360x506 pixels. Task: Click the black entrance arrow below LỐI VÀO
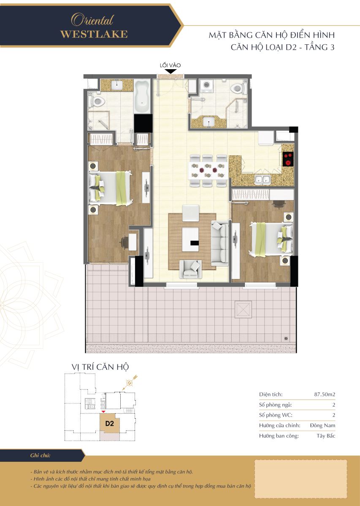click(x=170, y=71)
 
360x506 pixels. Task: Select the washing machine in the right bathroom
click(x=206, y=86)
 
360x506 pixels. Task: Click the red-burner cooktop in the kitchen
click(x=288, y=159)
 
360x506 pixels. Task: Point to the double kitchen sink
click(x=263, y=179)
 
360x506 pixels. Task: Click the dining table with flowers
click(x=208, y=170)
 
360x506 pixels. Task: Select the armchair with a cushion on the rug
click(x=190, y=269)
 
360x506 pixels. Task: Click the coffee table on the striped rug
click(x=190, y=239)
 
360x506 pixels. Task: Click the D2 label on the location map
click(x=109, y=423)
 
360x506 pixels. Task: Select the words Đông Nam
click(x=322, y=425)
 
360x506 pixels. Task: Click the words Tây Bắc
click(x=326, y=436)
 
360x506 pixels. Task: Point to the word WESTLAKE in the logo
click(x=94, y=34)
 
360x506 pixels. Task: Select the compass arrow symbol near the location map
click(x=130, y=382)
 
